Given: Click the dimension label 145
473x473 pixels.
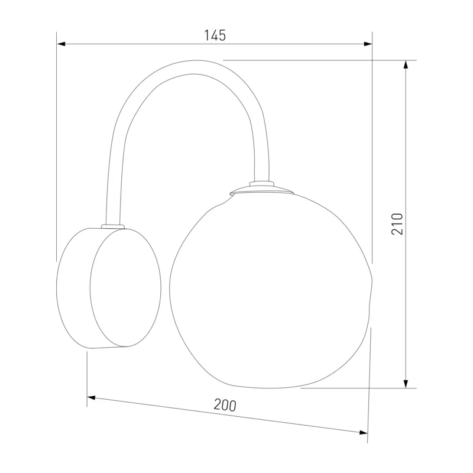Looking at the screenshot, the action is pos(215,35).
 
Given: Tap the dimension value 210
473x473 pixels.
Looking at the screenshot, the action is pos(397,224).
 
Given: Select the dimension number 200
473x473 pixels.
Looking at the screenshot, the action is pos(225,405).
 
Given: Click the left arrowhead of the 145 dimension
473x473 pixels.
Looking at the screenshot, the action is pos(61,44).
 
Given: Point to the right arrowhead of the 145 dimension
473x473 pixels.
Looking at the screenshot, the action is pos(368,44).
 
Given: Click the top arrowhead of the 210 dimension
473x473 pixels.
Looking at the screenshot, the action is pos(406,64).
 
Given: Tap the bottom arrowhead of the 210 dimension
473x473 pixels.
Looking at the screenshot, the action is pos(406,384).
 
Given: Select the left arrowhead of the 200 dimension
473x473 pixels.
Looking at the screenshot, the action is pos(92,398).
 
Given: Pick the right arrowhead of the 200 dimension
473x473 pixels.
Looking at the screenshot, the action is pos(364,433).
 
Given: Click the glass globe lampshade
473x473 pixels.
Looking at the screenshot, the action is pos(271,290).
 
